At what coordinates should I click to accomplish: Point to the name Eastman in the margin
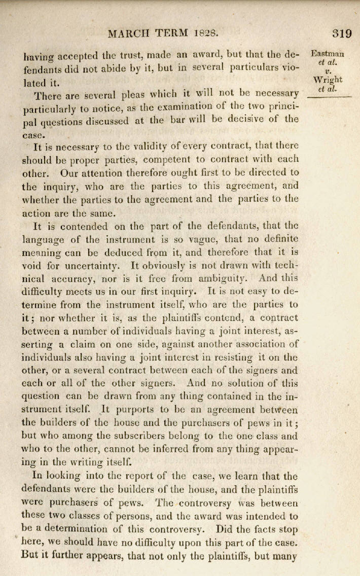(328, 54)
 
